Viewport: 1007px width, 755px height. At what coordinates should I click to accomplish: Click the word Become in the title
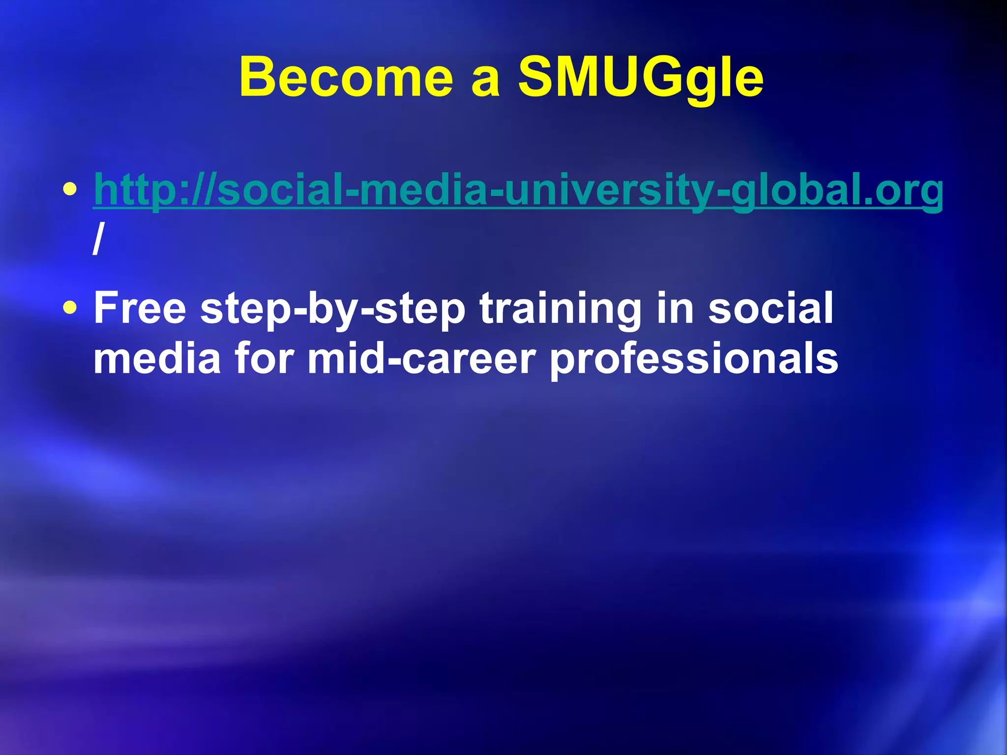click(346, 78)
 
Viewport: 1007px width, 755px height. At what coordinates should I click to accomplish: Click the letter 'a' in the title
click(485, 82)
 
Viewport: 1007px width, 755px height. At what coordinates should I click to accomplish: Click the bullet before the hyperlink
click(71, 189)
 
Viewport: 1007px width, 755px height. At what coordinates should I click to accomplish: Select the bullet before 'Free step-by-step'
click(71, 308)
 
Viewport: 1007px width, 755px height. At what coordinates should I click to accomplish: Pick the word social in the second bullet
click(770, 308)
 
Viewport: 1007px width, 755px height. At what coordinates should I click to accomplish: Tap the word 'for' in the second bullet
click(264, 358)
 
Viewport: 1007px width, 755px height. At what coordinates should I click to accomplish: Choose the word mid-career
click(421, 358)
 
